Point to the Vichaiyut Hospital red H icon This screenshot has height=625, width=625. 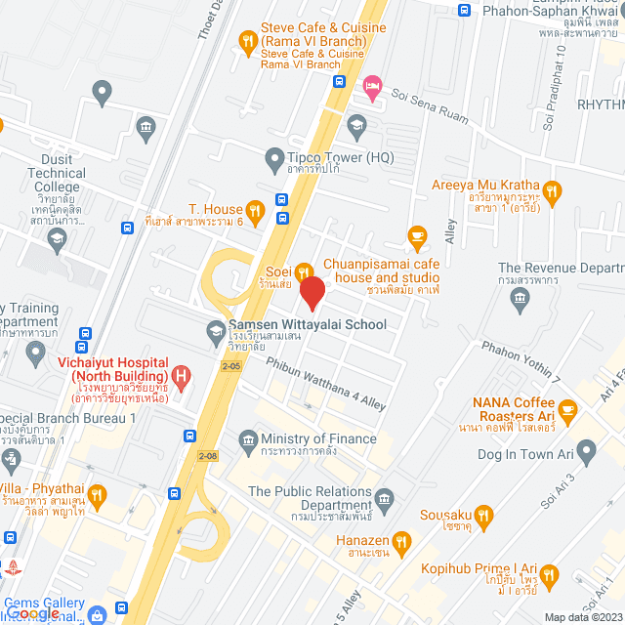(180, 374)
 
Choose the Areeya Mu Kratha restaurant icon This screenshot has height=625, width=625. (553, 189)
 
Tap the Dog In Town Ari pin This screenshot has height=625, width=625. (586, 451)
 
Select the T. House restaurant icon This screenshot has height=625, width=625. (255, 209)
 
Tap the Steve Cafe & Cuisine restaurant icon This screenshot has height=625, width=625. (248, 41)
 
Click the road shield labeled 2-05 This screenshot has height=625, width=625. (230, 366)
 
